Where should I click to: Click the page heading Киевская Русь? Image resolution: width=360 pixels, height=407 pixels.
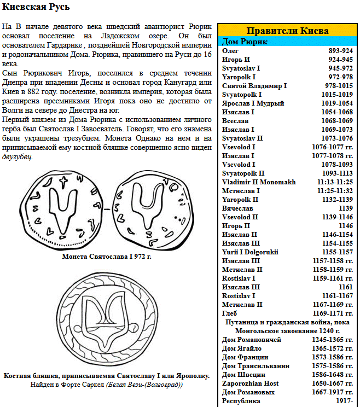click(x=37, y=8)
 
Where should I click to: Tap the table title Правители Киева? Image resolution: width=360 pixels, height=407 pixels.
click(x=287, y=31)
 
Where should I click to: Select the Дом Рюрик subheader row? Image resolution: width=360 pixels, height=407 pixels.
click(x=245, y=42)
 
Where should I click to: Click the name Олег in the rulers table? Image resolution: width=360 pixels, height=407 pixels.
click(x=230, y=50)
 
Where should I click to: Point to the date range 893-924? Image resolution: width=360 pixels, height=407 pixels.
click(x=340, y=50)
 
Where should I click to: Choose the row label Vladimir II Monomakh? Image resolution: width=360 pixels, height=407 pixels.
click(x=259, y=182)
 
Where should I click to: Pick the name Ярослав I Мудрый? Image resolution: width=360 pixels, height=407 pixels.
click(x=253, y=103)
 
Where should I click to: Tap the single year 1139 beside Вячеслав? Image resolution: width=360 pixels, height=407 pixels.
click(x=346, y=208)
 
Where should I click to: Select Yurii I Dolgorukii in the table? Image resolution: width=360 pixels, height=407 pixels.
click(x=250, y=252)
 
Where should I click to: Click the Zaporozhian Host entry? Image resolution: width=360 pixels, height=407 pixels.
click(x=251, y=383)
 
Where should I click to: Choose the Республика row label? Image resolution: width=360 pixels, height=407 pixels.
click(x=241, y=401)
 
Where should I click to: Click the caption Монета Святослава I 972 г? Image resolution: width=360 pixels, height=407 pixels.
click(x=107, y=256)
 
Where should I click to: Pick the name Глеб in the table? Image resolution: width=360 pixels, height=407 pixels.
click(x=230, y=313)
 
